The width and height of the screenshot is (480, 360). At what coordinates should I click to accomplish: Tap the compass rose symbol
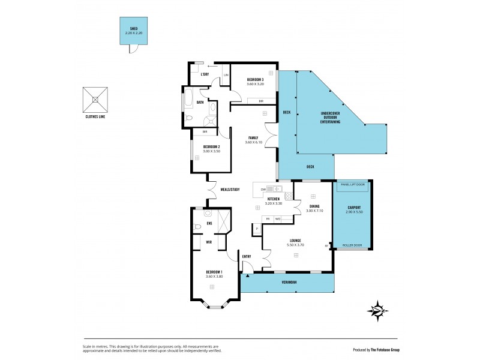(376, 310)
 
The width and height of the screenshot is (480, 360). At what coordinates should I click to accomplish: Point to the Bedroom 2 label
(212, 146)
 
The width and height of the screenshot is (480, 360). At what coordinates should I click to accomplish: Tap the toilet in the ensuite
(199, 227)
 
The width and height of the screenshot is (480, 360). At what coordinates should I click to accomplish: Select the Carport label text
(354, 207)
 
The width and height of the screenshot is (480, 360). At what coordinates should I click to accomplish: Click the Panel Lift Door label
(353, 185)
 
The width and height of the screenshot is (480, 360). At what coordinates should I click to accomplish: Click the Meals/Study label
(230, 190)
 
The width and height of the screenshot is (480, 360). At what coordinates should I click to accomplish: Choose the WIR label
(209, 242)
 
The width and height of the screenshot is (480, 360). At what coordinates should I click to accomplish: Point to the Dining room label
(314, 207)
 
